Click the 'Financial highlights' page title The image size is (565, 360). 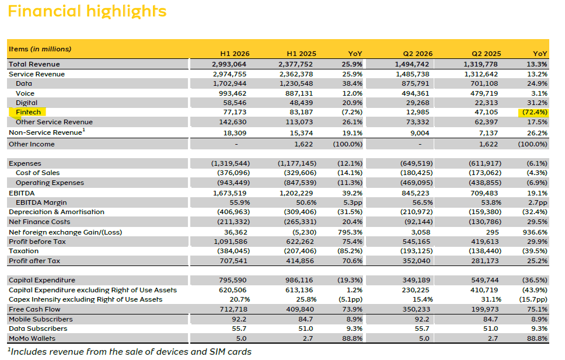[87, 11]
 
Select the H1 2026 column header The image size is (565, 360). [235, 54]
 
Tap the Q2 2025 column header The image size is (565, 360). [486, 54]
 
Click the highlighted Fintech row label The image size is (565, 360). [28, 112]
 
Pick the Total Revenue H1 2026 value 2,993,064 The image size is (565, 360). [229, 64]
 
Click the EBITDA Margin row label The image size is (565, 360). [41, 202]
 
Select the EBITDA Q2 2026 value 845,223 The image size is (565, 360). [416, 193]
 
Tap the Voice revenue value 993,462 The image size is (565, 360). [232, 93]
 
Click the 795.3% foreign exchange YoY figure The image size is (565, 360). [350, 232]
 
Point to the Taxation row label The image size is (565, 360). [23, 251]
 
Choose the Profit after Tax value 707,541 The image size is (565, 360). [233, 261]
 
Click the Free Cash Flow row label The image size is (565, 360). [34, 309]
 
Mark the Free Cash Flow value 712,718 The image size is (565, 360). [233, 309]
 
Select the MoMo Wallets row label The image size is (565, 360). [32, 338]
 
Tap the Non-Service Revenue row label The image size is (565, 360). [47, 132]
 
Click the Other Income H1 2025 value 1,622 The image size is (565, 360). [304, 144]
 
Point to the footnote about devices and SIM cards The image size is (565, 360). [130, 351]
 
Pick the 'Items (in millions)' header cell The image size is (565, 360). [40, 49]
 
